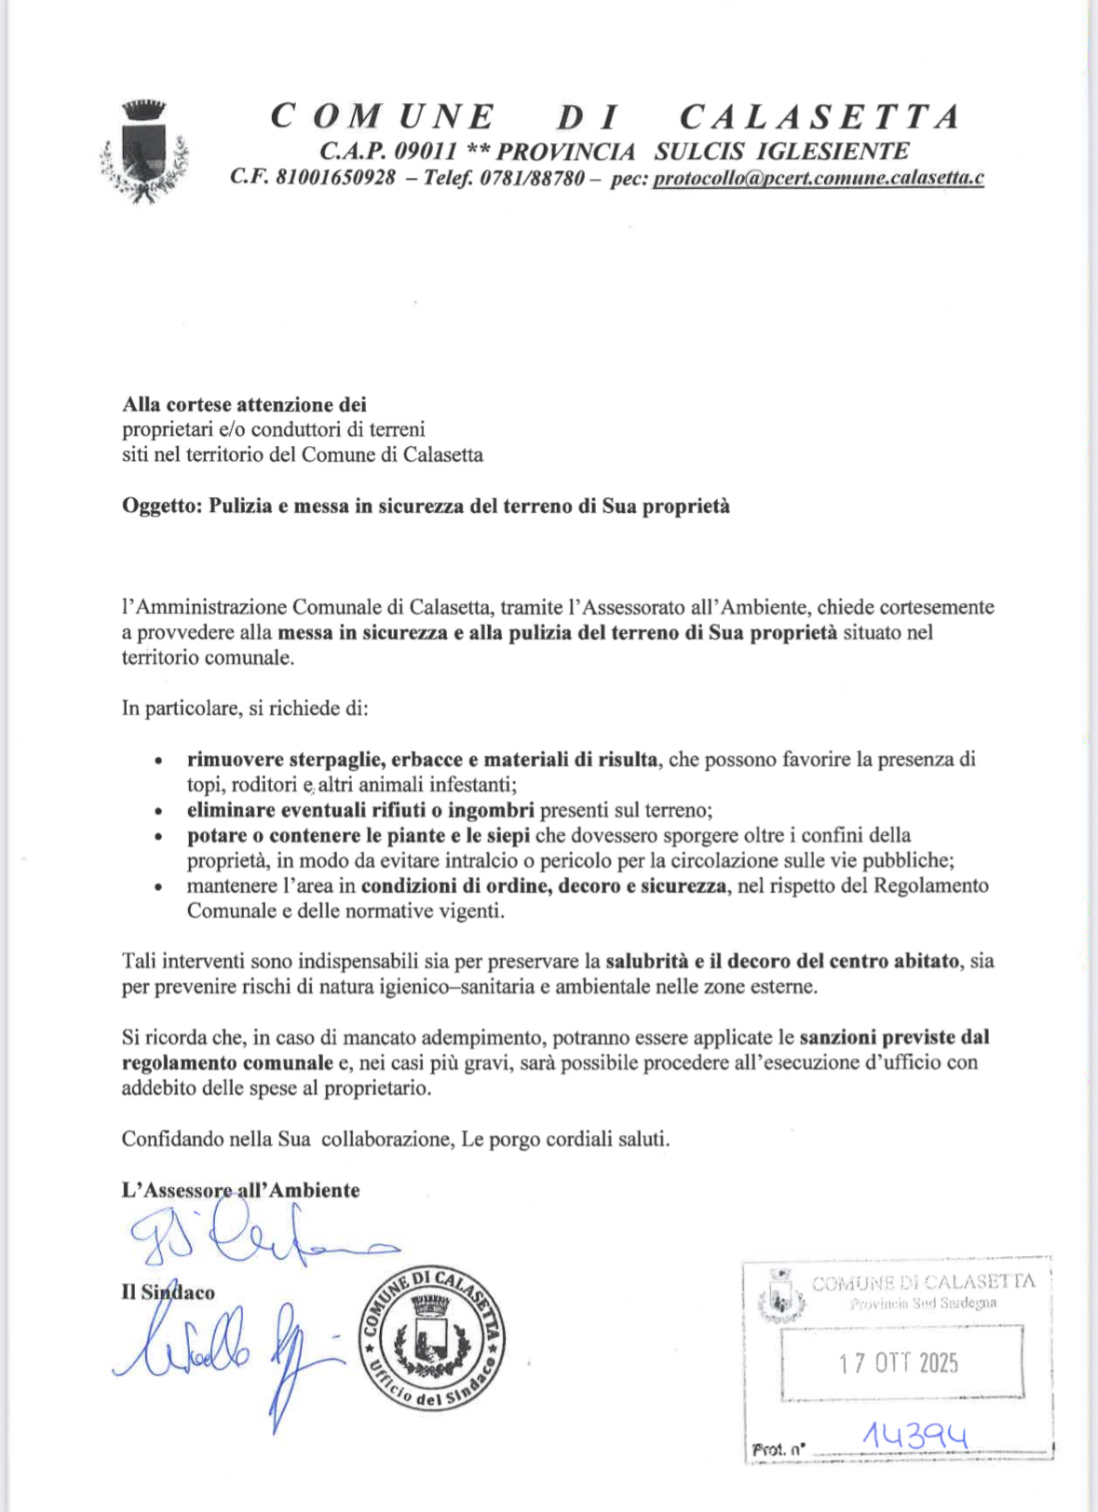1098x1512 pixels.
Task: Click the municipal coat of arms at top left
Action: point(144,151)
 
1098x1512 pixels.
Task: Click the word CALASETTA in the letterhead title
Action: point(820,117)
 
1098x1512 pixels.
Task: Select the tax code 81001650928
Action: point(336,177)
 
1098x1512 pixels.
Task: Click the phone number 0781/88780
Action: point(532,177)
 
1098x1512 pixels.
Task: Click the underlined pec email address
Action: point(818,178)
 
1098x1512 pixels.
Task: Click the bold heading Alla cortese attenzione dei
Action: point(244,404)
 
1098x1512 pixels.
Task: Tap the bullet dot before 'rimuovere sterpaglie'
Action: point(160,762)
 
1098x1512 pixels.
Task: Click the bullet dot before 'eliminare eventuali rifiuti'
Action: point(160,812)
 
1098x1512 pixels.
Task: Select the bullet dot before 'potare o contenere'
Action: point(160,837)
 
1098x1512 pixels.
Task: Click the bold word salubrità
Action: point(646,961)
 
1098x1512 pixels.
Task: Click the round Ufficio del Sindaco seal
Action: point(432,1336)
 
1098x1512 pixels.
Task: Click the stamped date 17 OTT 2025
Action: point(898,1363)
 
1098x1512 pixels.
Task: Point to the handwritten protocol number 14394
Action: point(915,1437)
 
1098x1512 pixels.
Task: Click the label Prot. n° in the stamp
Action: point(778,1450)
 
